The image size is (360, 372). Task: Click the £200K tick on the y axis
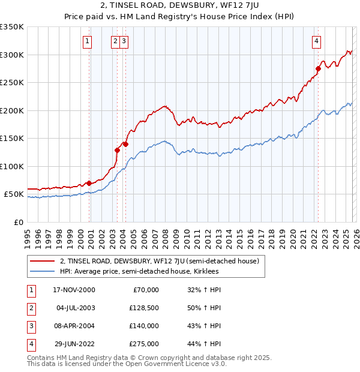(x=12, y=110)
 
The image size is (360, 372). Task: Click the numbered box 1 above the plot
(x=88, y=41)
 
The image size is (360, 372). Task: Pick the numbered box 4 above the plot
(x=316, y=41)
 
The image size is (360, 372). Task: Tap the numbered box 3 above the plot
(x=123, y=41)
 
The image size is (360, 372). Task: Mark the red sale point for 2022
(x=318, y=68)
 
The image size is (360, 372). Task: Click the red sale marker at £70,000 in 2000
(x=89, y=183)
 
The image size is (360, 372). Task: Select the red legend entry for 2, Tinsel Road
(x=159, y=261)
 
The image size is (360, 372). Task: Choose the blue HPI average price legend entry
(x=139, y=271)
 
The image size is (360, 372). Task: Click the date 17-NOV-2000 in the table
(x=74, y=290)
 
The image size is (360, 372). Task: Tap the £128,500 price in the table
(x=144, y=308)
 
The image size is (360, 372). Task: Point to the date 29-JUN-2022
(x=74, y=344)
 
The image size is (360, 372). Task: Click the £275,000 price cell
(x=144, y=344)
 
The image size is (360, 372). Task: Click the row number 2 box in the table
(x=29, y=308)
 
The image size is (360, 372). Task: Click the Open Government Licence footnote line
(x=127, y=364)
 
